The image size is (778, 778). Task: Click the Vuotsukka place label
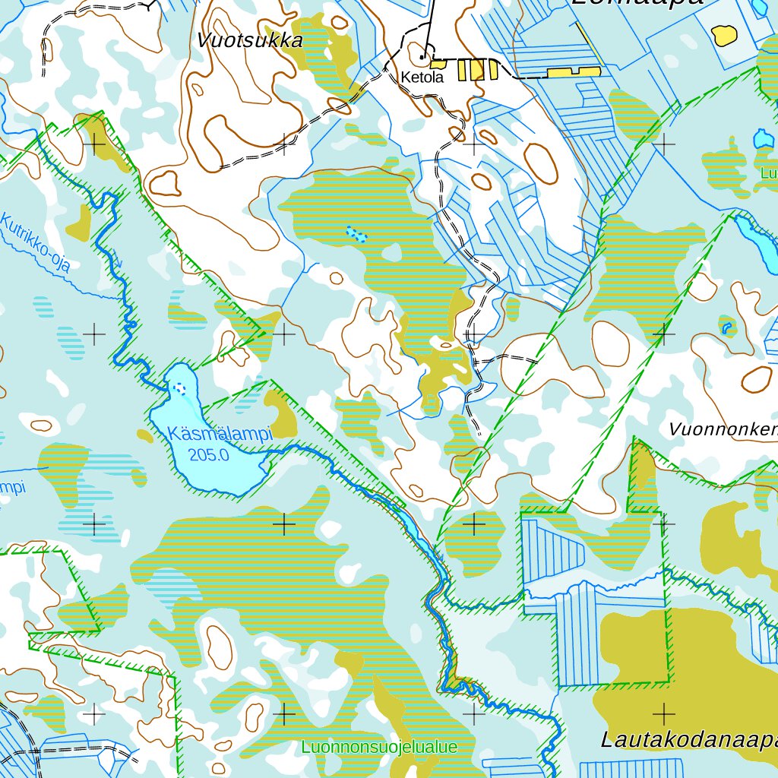250,41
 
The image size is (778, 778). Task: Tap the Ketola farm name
422,77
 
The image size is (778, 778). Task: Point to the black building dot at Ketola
422,55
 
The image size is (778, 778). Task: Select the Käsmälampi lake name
220,435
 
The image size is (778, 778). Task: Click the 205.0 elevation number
209,455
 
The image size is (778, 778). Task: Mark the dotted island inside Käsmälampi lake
180,388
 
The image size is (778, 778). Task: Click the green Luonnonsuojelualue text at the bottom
379,747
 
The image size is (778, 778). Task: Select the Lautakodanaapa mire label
688,739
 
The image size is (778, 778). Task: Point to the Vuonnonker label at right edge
723,429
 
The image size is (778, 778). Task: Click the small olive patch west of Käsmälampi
144,435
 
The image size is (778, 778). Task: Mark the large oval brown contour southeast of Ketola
540,163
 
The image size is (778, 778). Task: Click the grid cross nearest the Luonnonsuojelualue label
284,713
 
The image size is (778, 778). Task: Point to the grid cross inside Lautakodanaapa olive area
664,713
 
